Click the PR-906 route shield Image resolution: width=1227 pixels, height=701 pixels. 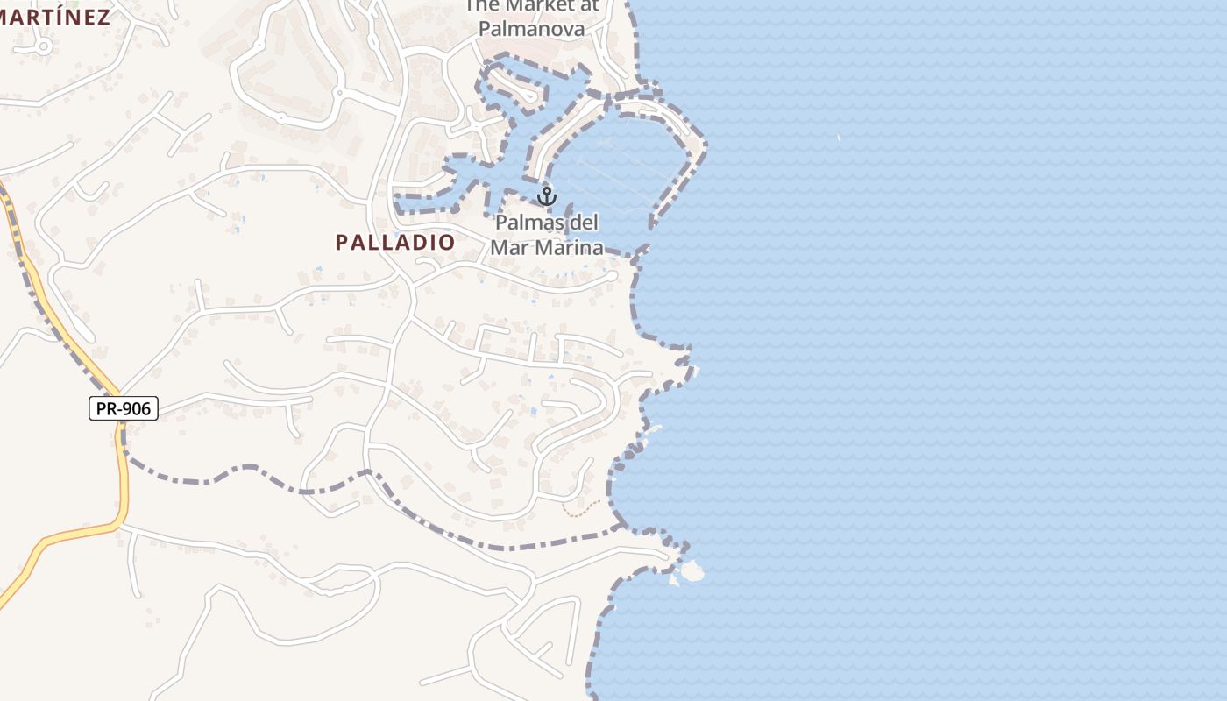tap(124, 408)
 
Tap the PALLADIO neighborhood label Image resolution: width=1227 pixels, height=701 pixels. tap(395, 243)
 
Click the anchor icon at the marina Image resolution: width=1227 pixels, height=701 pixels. tap(547, 195)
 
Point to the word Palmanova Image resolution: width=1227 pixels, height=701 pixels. tap(531, 29)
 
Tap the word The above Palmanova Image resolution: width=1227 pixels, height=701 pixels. tap(480, 5)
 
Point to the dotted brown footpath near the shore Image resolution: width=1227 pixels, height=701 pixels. tap(582, 508)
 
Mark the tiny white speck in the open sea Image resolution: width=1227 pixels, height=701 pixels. tap(839, 138)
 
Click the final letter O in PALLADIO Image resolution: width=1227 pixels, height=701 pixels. tap(447, 243)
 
